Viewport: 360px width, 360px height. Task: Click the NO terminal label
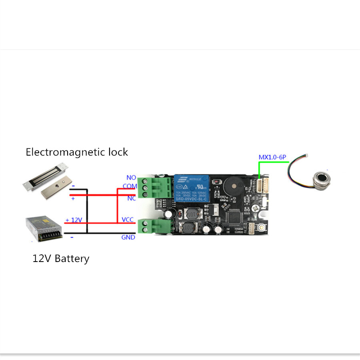click(131, 178)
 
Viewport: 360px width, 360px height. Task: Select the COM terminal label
click(130, 186)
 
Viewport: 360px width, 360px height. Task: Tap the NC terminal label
click(131, 198)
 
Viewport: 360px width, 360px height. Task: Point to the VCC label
click(128, 220)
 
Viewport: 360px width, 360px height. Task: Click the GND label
click(128, 237)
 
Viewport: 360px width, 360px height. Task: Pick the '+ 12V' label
click(74, 220)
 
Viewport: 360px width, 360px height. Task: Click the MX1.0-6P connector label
click(272, 157)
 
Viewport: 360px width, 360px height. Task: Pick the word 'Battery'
click(72, 258)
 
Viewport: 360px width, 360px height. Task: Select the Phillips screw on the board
click(255, 208)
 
